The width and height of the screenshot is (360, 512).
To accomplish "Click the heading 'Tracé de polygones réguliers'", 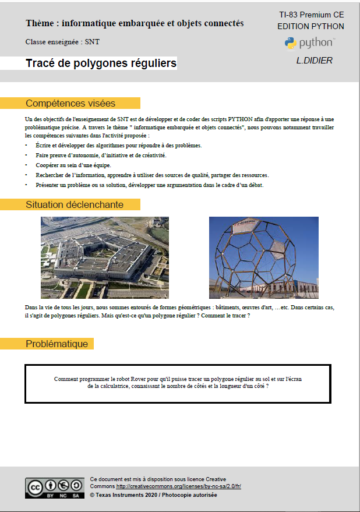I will (x=101, y=63).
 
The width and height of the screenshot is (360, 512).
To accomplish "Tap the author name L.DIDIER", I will (x=315, y=61).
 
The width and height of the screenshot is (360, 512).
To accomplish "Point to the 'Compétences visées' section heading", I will (x=70, y=104).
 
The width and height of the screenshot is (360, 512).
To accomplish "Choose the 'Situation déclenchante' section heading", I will (x=75, y=204).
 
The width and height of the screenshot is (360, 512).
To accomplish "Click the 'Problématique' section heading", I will (x=57, y=344).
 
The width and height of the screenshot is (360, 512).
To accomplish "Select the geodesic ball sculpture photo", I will (x=264, y=257).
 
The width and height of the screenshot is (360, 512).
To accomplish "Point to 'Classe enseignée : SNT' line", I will (x=58, y=43).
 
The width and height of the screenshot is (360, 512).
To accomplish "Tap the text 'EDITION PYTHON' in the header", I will (x=310, y=26).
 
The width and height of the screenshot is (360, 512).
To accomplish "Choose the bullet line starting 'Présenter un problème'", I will (x=149, y=185).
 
